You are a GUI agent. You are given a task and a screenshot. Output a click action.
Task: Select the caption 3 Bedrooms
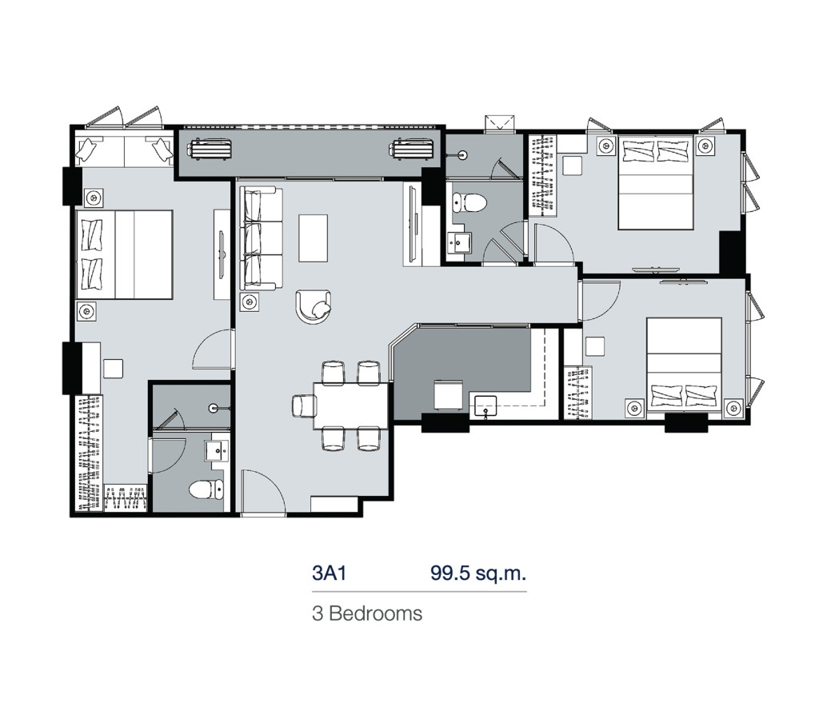(x=367, y=614)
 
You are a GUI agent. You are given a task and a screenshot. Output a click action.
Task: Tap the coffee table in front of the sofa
(x=314, y=237)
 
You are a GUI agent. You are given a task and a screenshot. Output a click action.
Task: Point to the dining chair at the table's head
(x=302, y=406)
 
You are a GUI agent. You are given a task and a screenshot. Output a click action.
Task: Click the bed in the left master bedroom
(x=125, y=254)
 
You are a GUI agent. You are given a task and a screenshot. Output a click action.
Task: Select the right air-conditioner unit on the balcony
(x=412, y=148)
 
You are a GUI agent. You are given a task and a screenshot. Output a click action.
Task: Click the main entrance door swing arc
(x=262, y=494)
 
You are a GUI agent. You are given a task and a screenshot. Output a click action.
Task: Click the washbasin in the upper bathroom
(x=461, y=240)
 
